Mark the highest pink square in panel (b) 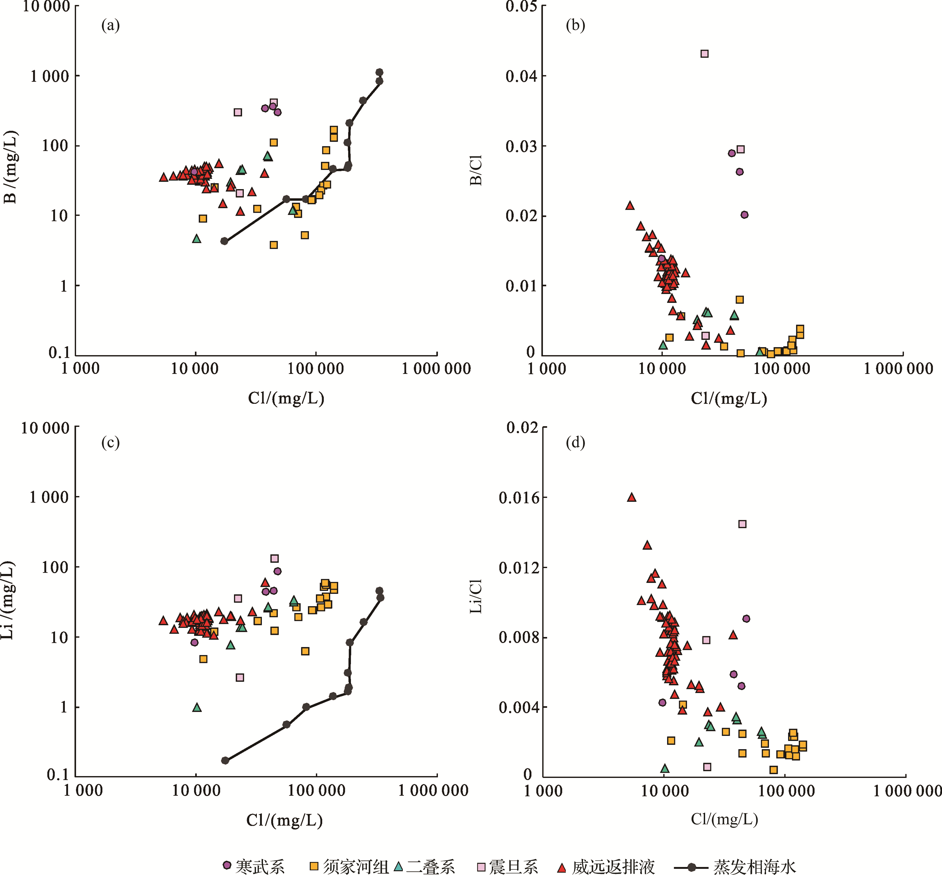pos(704,53)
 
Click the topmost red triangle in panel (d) pos(631,497)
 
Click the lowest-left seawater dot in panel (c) pos(225,760)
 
